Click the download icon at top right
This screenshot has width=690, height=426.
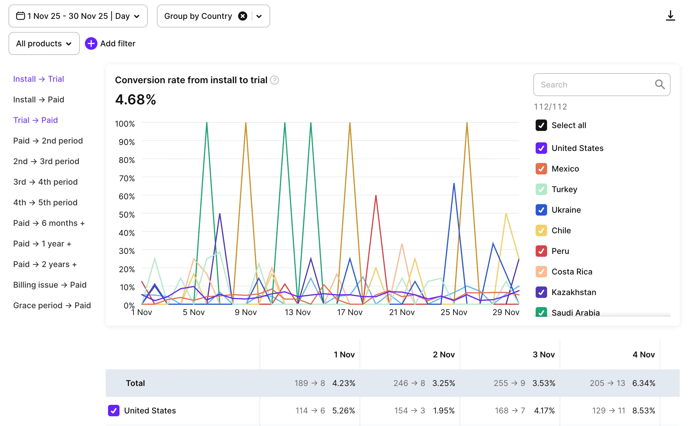tap(670, 16)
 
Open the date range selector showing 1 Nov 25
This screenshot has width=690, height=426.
tap(78, 16)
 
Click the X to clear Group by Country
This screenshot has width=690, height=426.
tap(242, 16)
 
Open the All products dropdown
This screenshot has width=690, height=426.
tap(44, 43)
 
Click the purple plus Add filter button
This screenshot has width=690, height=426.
tap(91, 43)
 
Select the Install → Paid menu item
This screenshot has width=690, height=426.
tap(39, 99)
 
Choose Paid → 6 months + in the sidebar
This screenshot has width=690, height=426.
tap(49, 223)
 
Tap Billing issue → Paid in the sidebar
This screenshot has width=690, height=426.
tap(50, 285)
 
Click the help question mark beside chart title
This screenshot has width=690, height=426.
tap(274, 80)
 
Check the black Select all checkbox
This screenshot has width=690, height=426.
tap(541, 125)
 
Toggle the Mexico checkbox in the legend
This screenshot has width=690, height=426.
tap(541, 169)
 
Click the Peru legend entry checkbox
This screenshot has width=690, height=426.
tap(541, 251)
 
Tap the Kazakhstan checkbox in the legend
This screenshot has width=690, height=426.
tap(541, 292)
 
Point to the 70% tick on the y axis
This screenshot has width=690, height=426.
tap(127, 178)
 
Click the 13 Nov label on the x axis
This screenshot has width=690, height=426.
tap(297, 312)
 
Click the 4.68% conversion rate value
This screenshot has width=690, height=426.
tap(135, 99)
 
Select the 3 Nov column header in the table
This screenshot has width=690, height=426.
tap(543, 355)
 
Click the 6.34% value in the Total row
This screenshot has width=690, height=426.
tap(643, 383)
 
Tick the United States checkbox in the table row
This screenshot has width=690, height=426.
tap(114, 411)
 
